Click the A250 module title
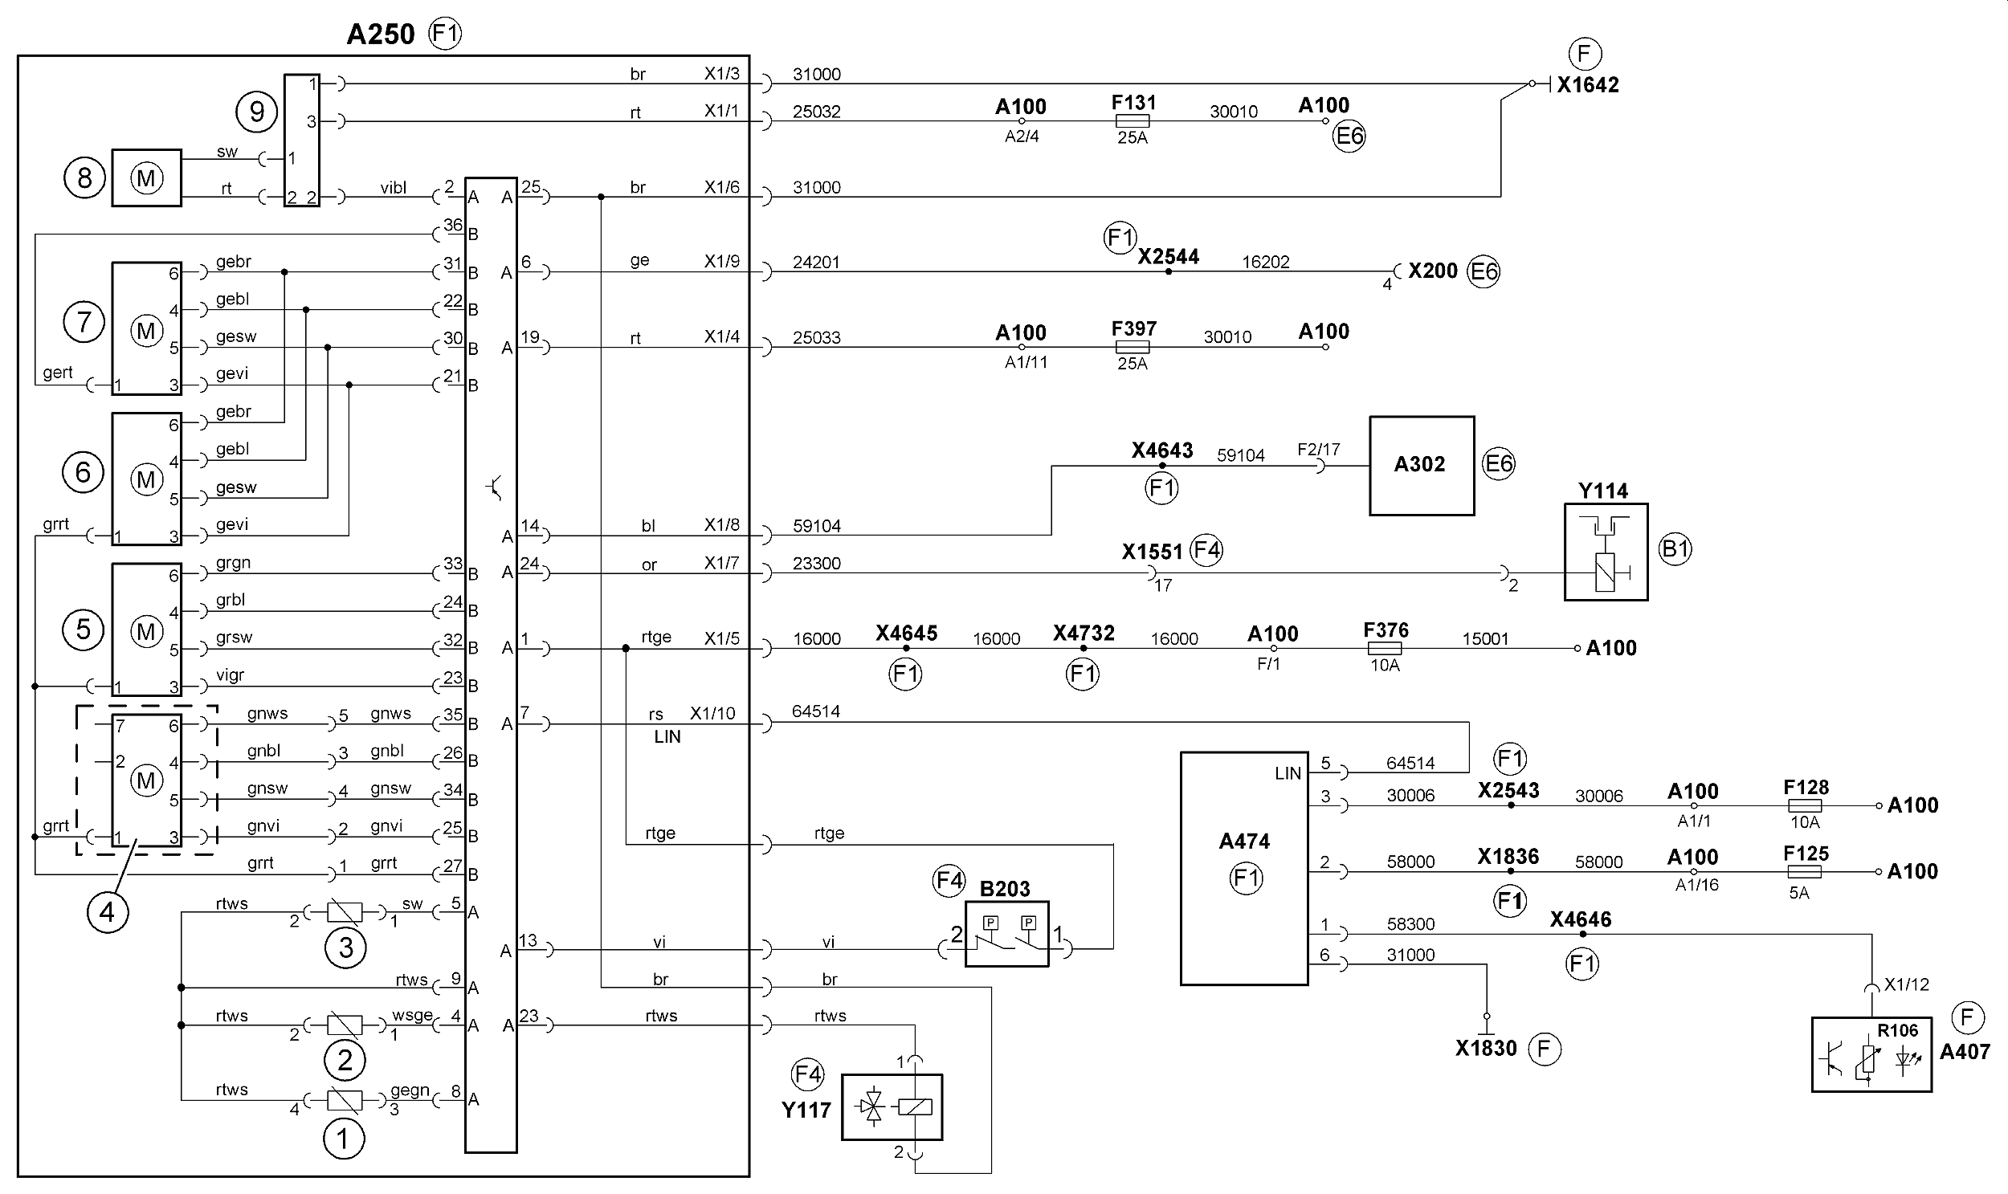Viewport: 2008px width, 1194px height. [381, 35]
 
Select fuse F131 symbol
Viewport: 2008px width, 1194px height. [1133, 121]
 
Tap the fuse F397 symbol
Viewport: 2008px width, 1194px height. [1133, 348]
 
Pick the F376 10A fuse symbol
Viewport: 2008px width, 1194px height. [1384, 649]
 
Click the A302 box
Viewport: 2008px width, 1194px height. [1422, 466]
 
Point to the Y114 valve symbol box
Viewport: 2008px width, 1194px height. [1606, 552]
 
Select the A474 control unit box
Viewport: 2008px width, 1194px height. [1244, 868]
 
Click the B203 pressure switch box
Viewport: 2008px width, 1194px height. [1007, 933]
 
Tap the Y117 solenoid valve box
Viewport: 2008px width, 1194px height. [892, 1107]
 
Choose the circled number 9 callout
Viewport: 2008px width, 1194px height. [257, 112]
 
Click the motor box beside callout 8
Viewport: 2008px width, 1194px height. [146, 177]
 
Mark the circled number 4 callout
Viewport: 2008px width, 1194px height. [107, 912]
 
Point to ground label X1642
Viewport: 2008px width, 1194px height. [1588, 85]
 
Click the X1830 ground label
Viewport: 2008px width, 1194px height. [1486, 1049]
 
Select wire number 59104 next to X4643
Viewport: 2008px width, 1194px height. [1240, 455]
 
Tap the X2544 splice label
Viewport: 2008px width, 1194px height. [1168, 257]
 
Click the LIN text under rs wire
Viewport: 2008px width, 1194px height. [667, 737]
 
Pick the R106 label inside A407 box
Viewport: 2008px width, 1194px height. [1898, 1031]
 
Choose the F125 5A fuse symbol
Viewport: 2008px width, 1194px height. [1804, 872]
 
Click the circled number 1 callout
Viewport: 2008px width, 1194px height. [344, 1139]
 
